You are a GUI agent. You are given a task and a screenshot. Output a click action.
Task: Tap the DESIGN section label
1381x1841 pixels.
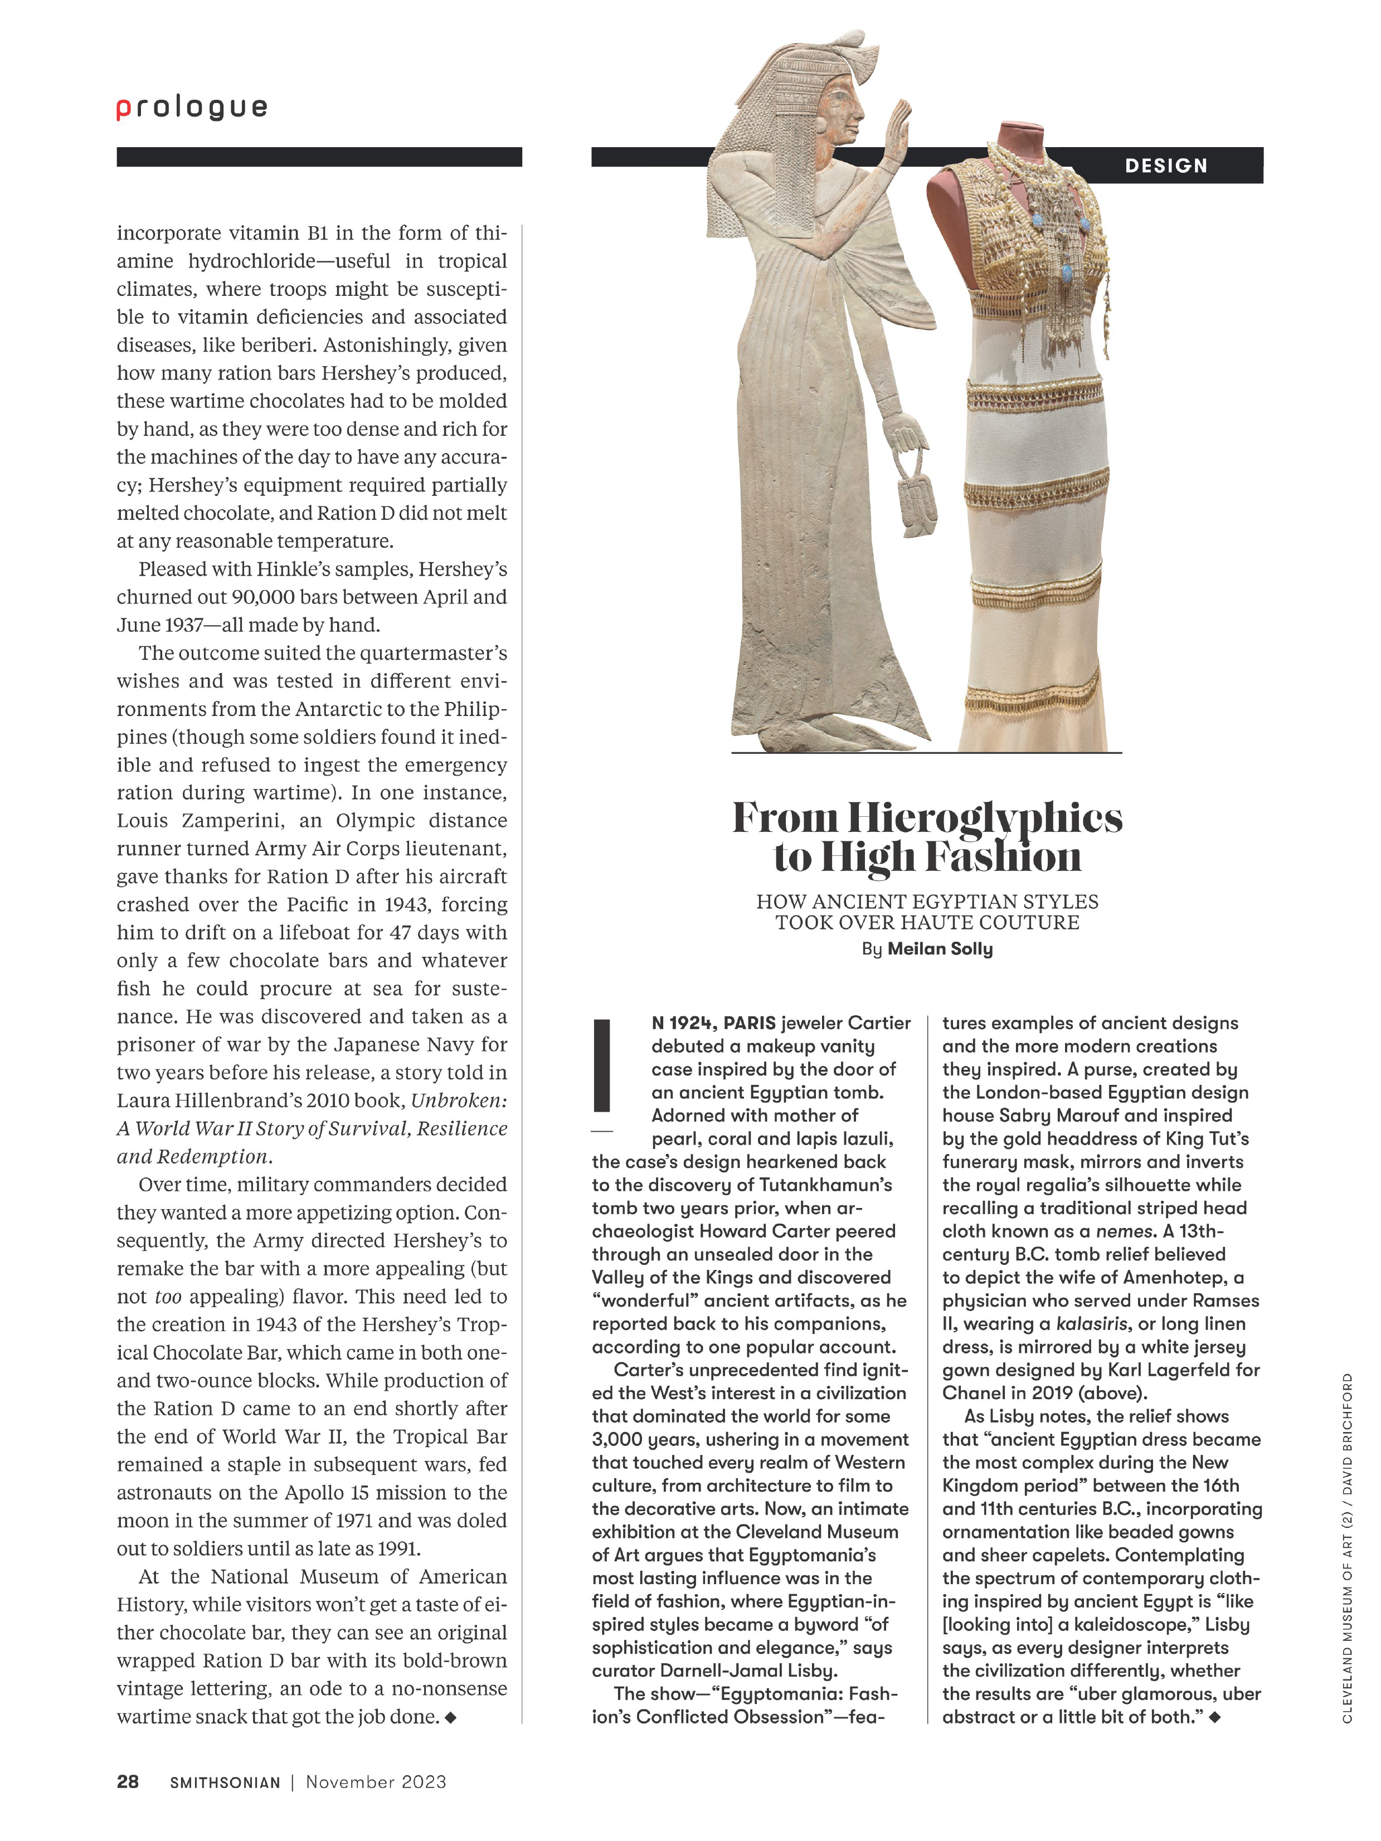pyautogui.click(x=1165, y=165)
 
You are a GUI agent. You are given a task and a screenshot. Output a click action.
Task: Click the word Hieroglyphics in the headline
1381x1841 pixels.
pyautogui.click(x=985, y=819)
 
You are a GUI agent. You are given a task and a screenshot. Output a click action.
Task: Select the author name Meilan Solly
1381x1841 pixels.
pyautogui.click(x=940, y=949)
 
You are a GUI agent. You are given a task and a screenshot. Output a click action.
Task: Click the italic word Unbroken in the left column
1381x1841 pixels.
pyautogui.click(x=459, y=1101)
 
